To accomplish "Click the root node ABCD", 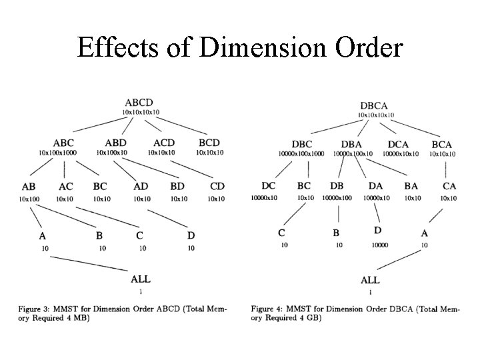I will click(x=139, y=103).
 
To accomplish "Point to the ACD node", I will click(x=164, y=143).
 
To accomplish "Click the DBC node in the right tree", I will click(x=302, y=144).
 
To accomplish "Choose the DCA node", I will click(x=399, y=144).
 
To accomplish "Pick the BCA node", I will click(x=441, y=144).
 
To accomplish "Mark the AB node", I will click(x=28, y=187).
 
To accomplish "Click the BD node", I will click(x=178, y=187).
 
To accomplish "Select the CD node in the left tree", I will click(x=217, y=187).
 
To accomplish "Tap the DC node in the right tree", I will click(x=268, y=187).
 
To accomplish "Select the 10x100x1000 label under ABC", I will click(x=58, y=153).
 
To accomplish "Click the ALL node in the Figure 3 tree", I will click(x=141, y=280).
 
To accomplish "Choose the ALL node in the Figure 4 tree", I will click(x=370, y=281).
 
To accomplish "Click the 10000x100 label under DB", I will click(x=337, y=198).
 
